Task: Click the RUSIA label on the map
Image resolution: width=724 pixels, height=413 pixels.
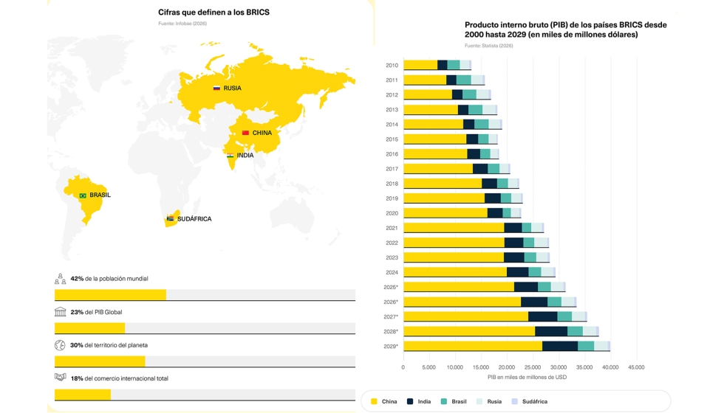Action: [232, 88]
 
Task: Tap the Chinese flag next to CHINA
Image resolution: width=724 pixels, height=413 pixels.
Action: [245, 133]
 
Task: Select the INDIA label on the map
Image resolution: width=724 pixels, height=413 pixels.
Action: [245, 156]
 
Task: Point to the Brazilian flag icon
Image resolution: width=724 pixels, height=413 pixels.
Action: [83, 196]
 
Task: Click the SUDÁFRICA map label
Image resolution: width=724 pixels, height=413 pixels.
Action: [194, 219]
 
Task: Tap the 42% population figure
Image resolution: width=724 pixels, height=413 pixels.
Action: [77, 279]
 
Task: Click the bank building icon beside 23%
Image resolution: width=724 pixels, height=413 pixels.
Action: [61, 312]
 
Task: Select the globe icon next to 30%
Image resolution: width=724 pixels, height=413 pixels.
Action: [61, 345]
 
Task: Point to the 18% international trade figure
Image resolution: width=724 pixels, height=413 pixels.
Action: [77, 378]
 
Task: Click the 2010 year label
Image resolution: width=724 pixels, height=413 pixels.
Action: [392, 66]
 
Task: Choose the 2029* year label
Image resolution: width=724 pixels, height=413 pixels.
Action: [391, 346]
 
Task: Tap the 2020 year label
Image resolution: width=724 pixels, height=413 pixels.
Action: [392, 213]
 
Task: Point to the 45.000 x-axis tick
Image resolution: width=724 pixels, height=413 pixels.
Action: [636, 367]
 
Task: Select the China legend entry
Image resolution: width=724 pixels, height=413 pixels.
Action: [383, 402]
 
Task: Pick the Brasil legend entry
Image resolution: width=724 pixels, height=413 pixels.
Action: [454, 402]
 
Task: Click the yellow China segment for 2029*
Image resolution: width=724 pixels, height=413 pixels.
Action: [473, 346]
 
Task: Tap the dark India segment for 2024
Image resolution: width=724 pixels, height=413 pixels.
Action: [517, 272]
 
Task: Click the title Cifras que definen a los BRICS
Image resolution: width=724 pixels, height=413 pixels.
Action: [214, 13]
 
